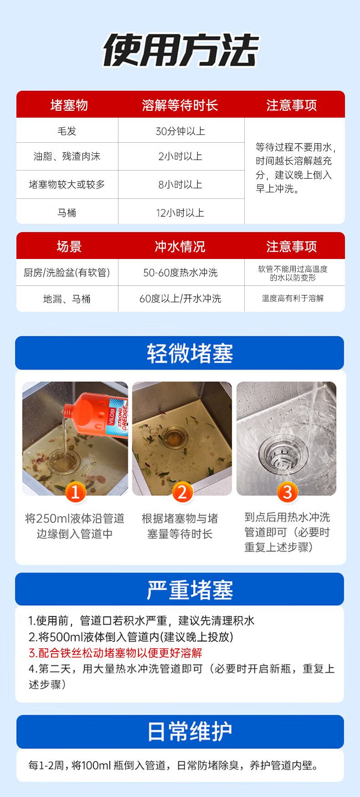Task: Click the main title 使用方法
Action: pyautogui.click(x=180, y=50)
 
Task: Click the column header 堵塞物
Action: pyautogui.click(x=69, y=105)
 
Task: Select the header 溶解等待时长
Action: pyautogui.click(x=180, y=105)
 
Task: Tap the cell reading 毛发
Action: pyautogui.click(x=67, y=131)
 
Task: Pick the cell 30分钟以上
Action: pyautogui.click(x=180, y=131)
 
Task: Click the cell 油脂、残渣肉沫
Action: pyautogui.click(x=67, y=156)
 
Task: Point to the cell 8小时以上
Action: pyautogui.click(x=180, y=185)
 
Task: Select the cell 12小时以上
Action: pyautogui.click(x=180, y=213)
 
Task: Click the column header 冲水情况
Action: pyautogui.click(x=180, y=246)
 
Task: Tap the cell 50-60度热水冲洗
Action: pyautogui.click(x=180, y=273)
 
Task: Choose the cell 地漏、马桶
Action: pyautogui.click(x=67, y=299)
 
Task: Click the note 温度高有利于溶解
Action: pyautogui.click(x=293, y=298)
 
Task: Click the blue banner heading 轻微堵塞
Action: pyautogui.click(x=190, y=353)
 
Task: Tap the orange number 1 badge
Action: pyautogui.click(x=76, y=492)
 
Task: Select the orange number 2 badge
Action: pyautogui.click(x=182, y=492)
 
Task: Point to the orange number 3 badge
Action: pyautogui.click(x=287, y=492)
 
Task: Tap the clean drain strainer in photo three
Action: pyautogui.click(x=279, y=454)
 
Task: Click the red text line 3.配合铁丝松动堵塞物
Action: pyautogui.click(x=116, y=653)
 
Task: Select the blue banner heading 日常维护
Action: pyautogui.click(x=190, y=731)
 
